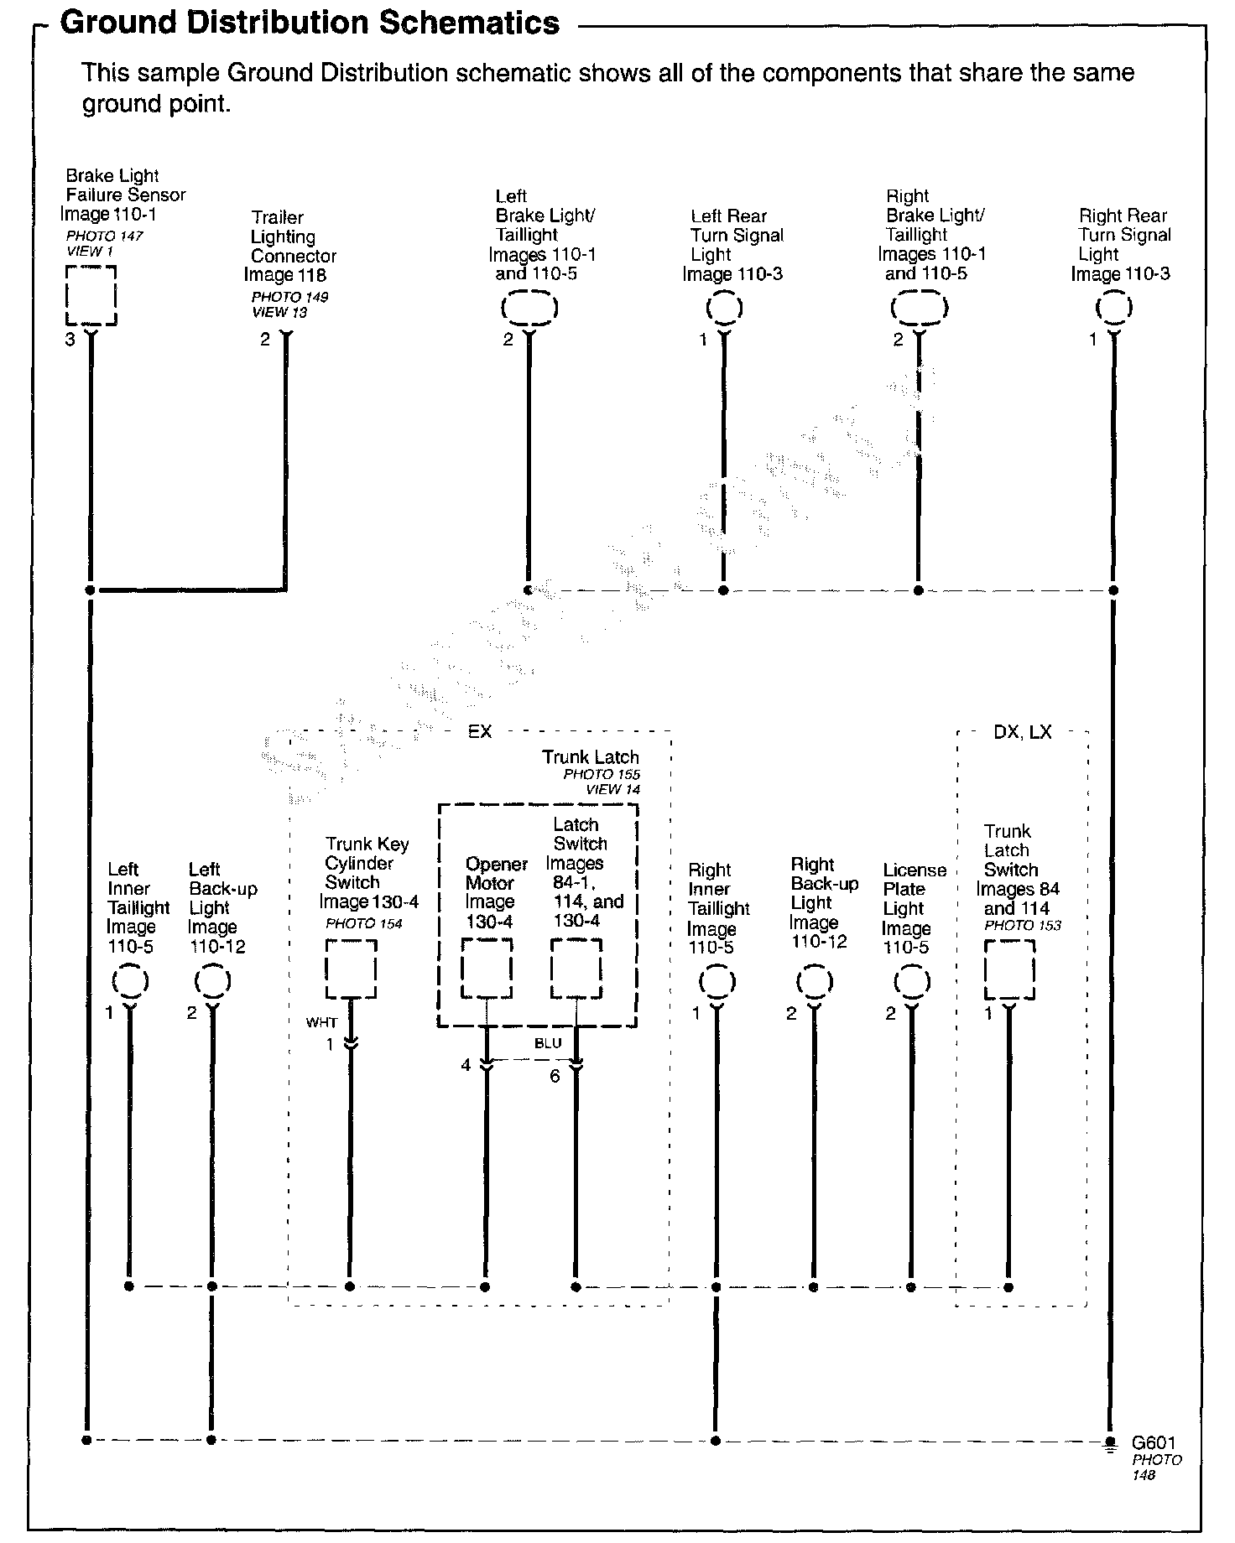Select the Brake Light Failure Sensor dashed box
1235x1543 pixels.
[91, 295]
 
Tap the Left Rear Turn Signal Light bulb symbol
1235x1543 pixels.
[724, 308]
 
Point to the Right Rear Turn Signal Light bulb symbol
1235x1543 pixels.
[1113, 308]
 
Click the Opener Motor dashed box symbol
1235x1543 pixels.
[487, 969]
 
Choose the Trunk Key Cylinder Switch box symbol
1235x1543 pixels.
[351, 969]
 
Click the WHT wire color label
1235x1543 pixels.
[321, 1022]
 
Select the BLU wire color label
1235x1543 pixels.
[548, 1044]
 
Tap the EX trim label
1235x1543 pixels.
[479, 732]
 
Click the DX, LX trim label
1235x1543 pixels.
[1022, 732]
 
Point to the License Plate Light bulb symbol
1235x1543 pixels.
[912, 981]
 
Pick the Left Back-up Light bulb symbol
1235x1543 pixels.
[212, 981]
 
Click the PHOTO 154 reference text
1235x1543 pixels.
[364, 923]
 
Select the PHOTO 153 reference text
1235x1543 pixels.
[1022, 925]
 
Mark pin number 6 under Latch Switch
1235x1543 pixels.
[555, 1076]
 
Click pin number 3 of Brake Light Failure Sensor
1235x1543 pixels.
[70, 340]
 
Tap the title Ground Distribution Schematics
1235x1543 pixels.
[310, 23]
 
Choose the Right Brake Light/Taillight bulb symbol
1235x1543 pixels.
[919, 308]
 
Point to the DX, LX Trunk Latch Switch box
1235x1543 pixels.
[1008, 969]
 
